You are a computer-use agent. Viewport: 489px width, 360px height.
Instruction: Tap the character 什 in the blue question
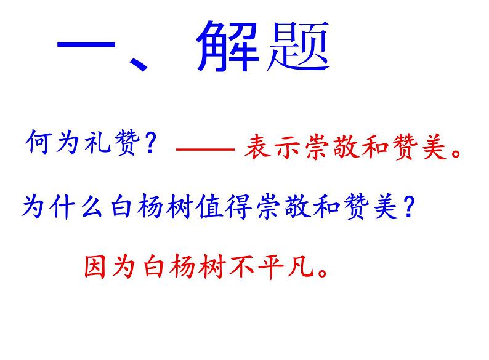coord(64,207)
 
